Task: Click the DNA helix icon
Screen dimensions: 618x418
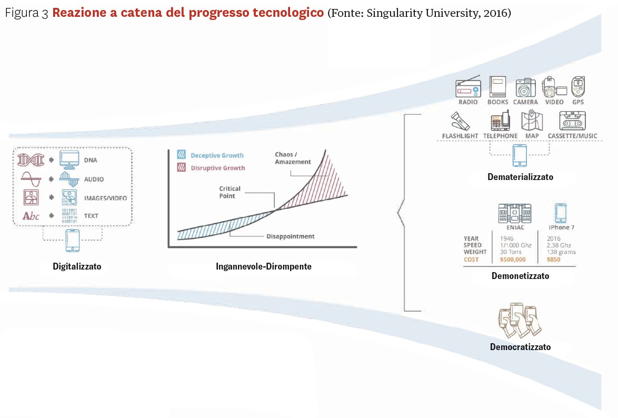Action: point(31,160)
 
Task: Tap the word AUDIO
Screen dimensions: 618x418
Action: point(94,179)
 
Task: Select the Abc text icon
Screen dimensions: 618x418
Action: point(31,216)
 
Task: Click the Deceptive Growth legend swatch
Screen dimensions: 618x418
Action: point(181,155)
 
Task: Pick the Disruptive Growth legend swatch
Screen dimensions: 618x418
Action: point(181,167)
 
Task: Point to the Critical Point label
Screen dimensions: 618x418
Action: point(230,192)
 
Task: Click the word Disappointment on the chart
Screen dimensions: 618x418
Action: point(291,236)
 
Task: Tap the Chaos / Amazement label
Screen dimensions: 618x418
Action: point(293,158)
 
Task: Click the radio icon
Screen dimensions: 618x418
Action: point(468,87)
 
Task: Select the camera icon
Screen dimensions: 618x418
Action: point(525,87)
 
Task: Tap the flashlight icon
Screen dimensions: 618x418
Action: point(461,121)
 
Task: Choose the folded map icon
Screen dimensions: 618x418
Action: point(532,120)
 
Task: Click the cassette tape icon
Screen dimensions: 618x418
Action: point(572,121)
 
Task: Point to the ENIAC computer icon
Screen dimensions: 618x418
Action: point(515,214)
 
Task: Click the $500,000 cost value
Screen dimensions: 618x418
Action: point(513,260)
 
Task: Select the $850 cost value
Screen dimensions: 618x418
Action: point(553,260)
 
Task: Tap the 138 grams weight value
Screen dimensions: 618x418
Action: point(561,252)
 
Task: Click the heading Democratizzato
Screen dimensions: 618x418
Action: point(520,347)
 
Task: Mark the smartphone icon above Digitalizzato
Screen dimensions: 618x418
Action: point(73,241)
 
